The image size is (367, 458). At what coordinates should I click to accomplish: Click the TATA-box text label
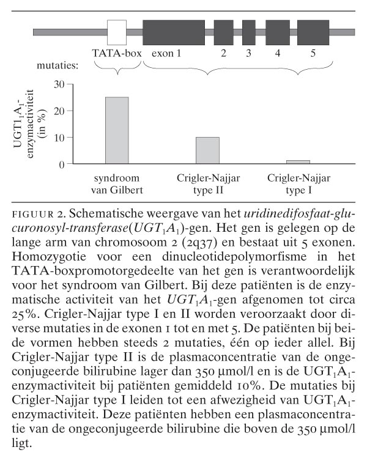[x=116, y=53]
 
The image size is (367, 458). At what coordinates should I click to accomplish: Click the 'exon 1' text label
[x=166, y=53]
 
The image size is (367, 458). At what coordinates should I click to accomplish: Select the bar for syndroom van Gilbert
[x=117, y=131]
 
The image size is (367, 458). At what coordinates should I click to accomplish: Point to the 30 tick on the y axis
[x=59, y=84]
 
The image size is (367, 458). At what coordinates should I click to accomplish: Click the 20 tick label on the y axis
[x=59, y=111]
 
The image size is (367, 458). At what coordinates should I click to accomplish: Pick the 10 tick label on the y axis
[x=59, y=138]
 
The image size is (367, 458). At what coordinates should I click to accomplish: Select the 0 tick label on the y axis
[x=61, y=164]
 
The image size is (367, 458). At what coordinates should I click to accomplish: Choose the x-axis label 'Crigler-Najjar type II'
[x=207, y=183]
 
